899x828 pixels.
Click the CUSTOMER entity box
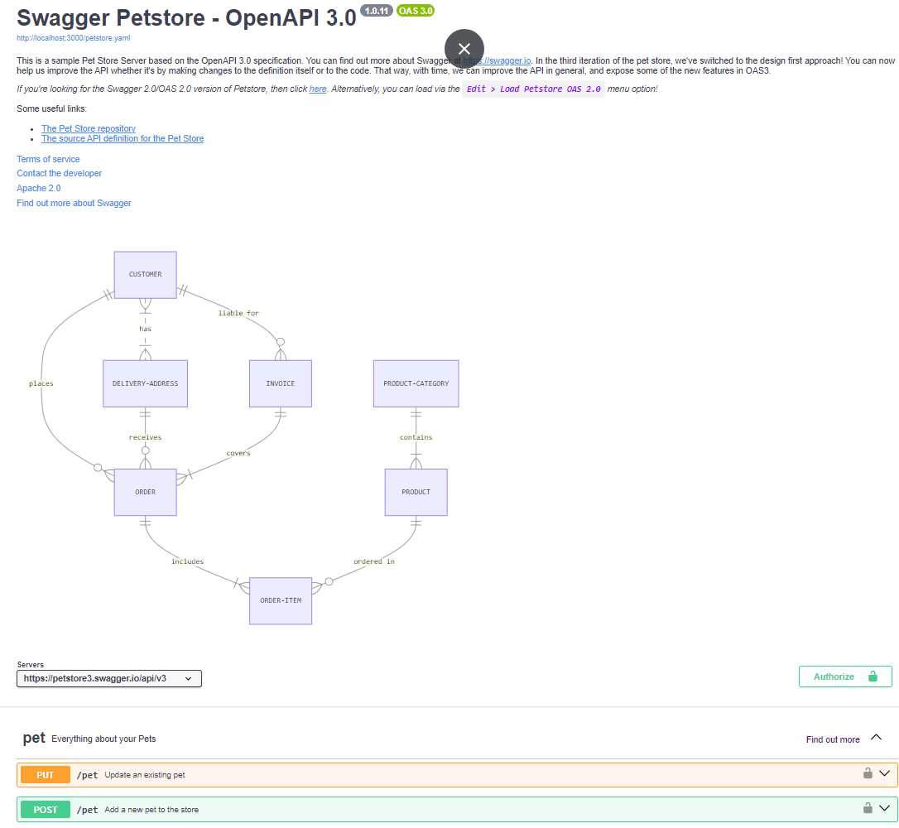point(145,275)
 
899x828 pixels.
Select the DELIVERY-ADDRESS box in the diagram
point(145,383)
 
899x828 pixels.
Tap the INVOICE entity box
point(281,383)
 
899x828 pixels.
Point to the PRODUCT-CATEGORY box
point(416,383)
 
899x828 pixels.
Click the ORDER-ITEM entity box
point(281,601)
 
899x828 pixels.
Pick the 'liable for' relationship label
point(238,313)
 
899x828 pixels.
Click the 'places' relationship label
point(41,383)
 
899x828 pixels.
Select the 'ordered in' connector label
point(374,561)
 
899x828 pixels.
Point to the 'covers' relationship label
point(238,453)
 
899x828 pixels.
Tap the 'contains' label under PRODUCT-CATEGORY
point(416,437)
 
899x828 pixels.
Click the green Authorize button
point(845,676)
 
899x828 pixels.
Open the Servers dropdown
point(109,678)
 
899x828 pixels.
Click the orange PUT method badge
point(46,775)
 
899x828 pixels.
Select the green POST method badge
point(46,810)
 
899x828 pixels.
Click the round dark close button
point(464,49)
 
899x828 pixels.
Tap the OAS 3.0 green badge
point(416,11)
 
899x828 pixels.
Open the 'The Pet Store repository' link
point(89,128)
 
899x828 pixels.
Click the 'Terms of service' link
point(48,160)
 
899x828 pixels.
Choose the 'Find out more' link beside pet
point(833,739)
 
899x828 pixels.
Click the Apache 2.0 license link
point(38,188)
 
